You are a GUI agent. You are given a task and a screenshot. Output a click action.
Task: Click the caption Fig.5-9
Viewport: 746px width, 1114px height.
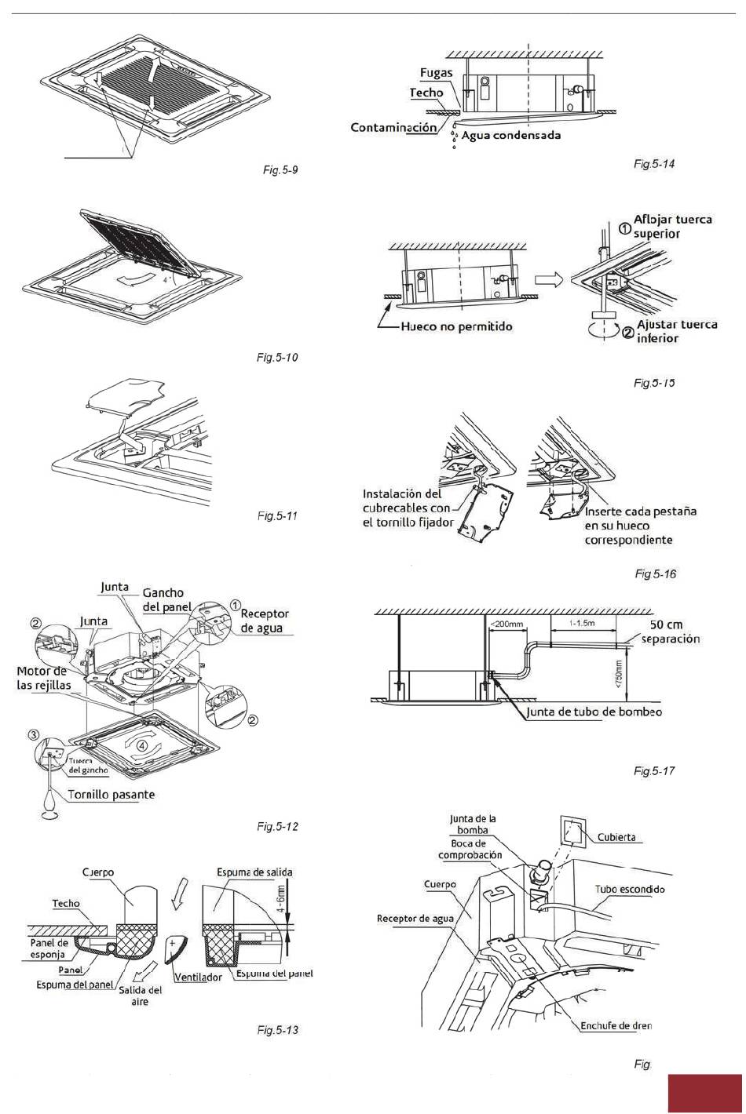(280, 169)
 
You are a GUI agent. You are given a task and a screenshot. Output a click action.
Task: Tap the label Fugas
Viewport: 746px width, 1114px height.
(437, 73)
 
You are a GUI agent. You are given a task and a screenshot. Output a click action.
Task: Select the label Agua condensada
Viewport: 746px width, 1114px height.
(511, 135)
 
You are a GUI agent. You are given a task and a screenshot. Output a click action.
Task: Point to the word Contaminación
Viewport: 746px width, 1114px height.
(393, 127)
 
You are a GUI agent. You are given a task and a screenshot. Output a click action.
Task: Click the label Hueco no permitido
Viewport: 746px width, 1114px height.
(457, 326)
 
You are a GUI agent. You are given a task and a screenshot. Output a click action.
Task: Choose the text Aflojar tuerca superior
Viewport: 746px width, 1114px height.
(672, 226)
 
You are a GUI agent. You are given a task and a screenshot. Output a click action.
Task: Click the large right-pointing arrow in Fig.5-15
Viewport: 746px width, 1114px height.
(549, 279)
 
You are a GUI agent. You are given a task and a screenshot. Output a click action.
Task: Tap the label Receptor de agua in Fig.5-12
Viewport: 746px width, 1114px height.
(264, 621)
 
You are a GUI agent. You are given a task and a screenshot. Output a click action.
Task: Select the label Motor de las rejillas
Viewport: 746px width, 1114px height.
(44, 678)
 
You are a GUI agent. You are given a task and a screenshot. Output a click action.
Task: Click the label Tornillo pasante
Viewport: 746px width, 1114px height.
(112, 794)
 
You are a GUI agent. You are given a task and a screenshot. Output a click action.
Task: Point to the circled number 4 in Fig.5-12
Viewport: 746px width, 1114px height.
(142, 745)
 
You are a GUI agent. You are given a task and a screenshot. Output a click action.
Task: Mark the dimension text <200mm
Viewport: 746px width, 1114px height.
(506, 624)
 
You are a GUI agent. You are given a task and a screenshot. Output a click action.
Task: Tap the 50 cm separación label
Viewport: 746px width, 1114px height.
(670, 632)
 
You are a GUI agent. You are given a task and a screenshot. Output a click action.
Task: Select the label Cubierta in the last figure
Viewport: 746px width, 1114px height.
(616, 837)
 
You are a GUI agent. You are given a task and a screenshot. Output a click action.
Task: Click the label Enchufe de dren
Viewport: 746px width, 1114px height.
(616, 1025)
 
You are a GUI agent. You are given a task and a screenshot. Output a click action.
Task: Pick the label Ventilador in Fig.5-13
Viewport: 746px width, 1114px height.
(198, 977)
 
